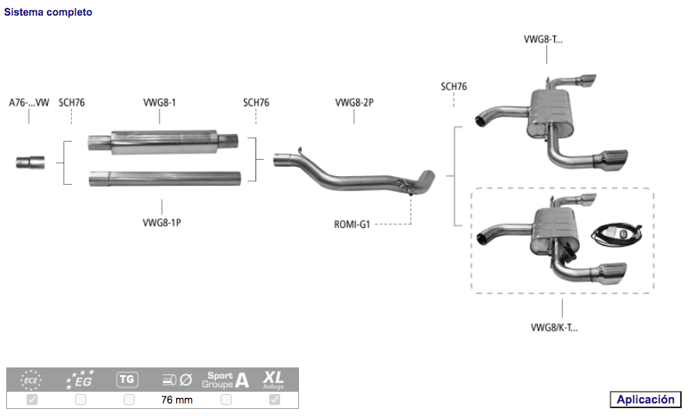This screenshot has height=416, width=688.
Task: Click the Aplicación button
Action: [x=645, y=400]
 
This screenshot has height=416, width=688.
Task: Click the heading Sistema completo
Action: [x=48, y=13]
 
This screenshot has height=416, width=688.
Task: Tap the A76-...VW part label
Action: [x=29, y=103]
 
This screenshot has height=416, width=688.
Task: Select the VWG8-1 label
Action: [x=160, y=103]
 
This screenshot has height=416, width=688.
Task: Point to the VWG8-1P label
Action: [x=162, y=222]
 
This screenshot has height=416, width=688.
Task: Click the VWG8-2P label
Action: [x=354, y=103]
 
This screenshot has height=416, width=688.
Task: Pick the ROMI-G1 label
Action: [x=351, y=225]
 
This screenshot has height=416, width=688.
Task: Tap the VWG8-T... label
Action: [x=542, y=39]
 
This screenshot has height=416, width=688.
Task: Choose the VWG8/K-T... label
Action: [x=554, y=327]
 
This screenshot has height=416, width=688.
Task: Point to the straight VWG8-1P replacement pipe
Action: [x=164, y=178]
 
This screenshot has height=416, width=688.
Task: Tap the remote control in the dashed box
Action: [x=617, y=232]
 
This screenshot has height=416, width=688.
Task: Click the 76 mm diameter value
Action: [x=177, y=400]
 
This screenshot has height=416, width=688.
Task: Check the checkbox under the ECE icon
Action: [x=32, y=400]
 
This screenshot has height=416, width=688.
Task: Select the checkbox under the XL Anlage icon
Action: [x=275, y=400]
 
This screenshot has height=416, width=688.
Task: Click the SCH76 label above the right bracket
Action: [x=454, y=87]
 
